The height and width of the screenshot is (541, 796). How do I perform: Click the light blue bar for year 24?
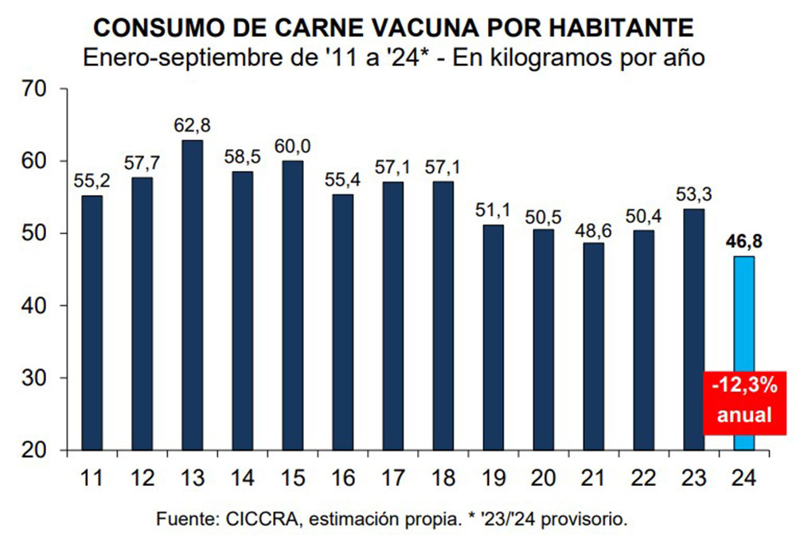[743, 319]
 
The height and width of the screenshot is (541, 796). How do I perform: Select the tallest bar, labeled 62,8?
[192, 295]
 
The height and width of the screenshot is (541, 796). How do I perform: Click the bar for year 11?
[92, 323]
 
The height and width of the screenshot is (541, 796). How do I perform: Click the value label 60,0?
[292, 146]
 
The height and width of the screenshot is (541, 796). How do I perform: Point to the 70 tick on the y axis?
[38, 89]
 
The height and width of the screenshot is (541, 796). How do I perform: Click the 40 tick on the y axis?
[38, 306]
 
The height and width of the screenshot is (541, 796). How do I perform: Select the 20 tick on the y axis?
[38, 451]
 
